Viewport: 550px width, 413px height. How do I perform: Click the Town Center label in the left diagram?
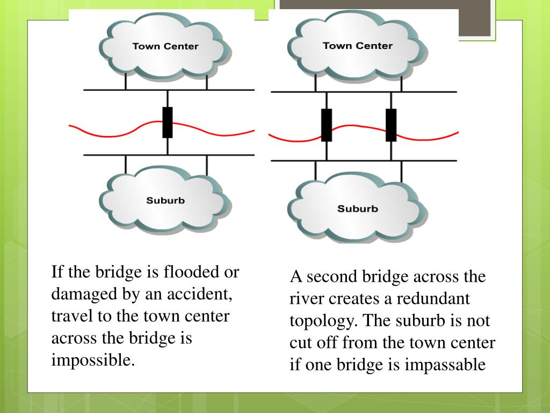pyautogui.click(x=165, y=46)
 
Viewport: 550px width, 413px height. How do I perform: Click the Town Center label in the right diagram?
pyautogui.click(x=357, y=46)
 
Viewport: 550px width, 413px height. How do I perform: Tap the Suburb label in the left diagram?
pyautogui.click(x=165, y=201)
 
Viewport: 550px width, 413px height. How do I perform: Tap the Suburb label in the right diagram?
pyautogui.click(x=357, y=209)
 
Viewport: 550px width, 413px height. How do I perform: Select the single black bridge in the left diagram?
pyautogui.click(x=168, y=123)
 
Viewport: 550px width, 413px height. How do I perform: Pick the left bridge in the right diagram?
pyautogui.click(x=326, y=125)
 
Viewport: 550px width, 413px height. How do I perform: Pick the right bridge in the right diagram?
pyautogui.click(x=391, y=125)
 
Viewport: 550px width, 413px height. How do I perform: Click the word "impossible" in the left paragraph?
pyautogui.click(x=92, y=360)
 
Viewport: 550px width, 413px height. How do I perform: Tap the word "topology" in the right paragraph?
pyautogui.click(x=323, y=321)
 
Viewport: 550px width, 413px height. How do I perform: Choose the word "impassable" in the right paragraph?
pyautogui.click(x=445, y=365)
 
